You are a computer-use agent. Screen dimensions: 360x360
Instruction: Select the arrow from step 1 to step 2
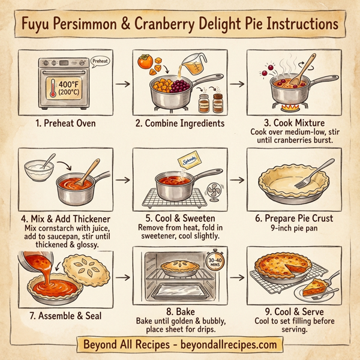[122, 83]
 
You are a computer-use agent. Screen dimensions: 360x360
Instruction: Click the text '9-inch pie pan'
[293, 228]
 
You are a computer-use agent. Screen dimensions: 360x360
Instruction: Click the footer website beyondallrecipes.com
[229, 344]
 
